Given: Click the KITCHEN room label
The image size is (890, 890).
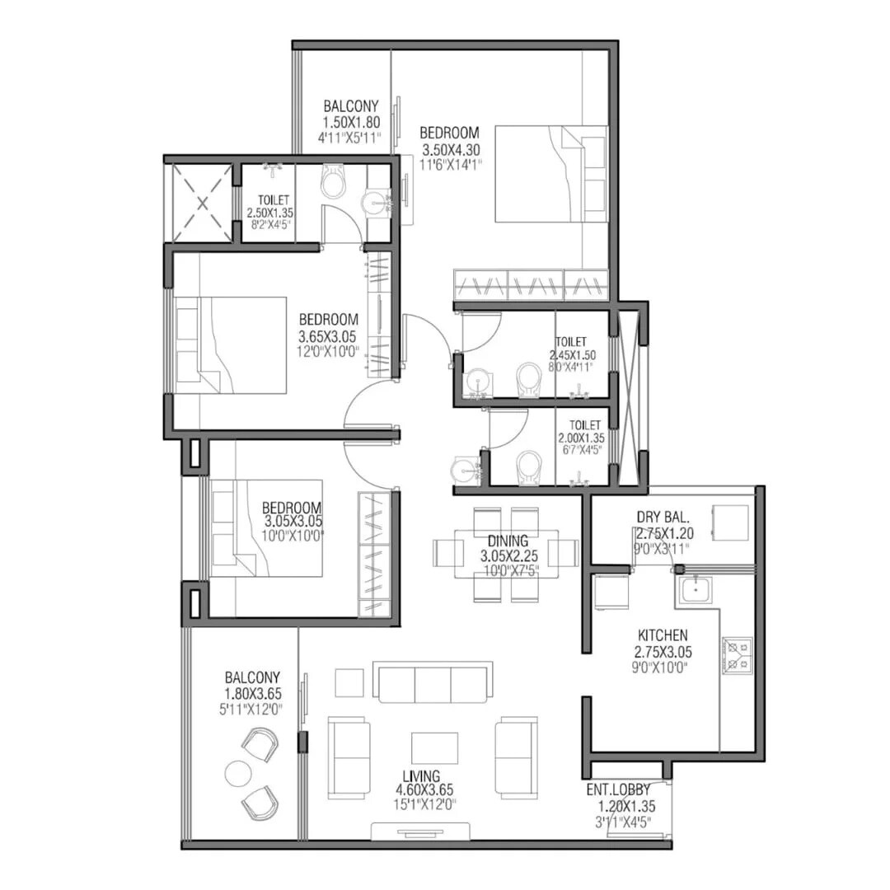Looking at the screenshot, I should (663, 635).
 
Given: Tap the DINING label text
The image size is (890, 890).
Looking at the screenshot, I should (505, 541).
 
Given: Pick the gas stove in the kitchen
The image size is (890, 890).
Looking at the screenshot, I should (737, 655).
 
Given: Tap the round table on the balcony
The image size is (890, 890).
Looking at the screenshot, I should (238, 774).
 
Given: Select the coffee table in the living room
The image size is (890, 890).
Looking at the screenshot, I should (435, 747).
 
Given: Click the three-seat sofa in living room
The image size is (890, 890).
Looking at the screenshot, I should (433, 682).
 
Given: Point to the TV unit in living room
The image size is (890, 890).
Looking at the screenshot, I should (421, 831).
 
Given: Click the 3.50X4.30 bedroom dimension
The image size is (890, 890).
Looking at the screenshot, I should (451, 150).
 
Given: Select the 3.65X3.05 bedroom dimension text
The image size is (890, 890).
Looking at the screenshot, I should (328, 336).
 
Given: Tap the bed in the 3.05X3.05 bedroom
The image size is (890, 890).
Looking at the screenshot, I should (266, 528).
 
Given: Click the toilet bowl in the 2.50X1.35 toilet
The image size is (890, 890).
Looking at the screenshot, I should (334, 182).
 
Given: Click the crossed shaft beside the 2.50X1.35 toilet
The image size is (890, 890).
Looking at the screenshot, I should (201, 203).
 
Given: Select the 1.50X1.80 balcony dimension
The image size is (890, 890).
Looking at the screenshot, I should (351, 122).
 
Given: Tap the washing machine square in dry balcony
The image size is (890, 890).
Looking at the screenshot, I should (730, 522).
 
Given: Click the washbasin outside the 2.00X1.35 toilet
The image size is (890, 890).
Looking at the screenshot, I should (465, 471).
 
